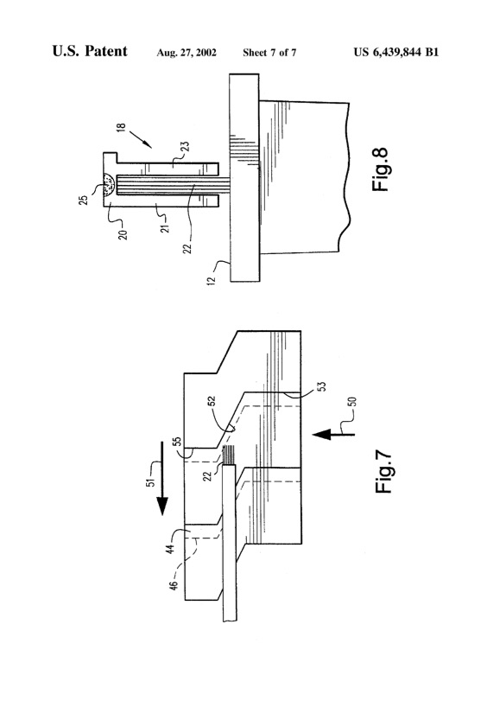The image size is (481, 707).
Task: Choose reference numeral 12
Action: pyautogui.click(x=214, y=281)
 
